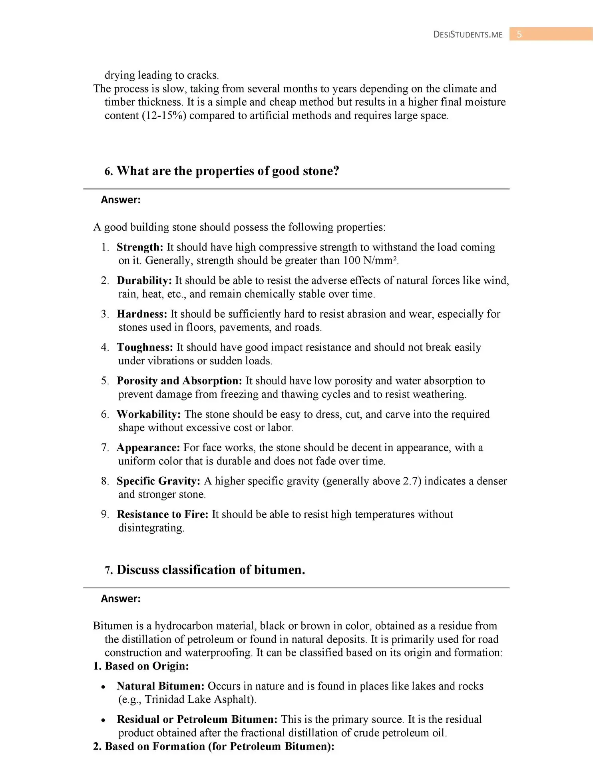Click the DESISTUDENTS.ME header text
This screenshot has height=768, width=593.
pos(468,34)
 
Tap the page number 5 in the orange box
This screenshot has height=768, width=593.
pos(519,34)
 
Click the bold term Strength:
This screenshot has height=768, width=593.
pos(140,247)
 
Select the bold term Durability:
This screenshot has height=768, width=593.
pos(144,280)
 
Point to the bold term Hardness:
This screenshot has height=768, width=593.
pos(142,314)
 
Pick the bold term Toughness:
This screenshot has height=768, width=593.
pos(145,347)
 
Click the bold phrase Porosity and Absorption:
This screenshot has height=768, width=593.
pos(179,381)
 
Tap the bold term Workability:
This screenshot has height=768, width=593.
pos(149,414)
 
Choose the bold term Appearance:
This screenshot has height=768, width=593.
pos(148,448)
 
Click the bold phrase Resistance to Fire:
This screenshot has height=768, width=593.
pos(162,514)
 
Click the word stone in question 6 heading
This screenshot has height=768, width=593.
pos(318,171)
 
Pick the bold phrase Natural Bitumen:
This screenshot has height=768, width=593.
pos(161,686)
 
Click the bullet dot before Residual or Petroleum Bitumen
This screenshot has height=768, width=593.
pos(103,720)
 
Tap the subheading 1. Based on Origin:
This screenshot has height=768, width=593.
pos(141,666)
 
